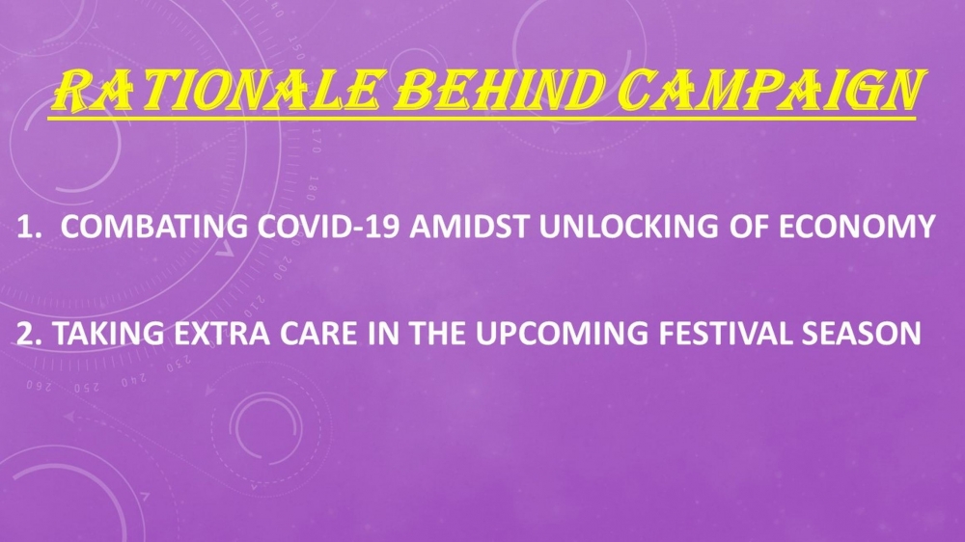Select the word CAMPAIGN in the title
tap(771, 90)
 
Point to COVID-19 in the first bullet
tap(329, 227)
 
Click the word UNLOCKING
tap(628, 227)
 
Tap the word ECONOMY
tap(857, 227)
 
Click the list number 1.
tap(28, 227)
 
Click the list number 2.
tap(29, 334)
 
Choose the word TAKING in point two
tap(108, 334)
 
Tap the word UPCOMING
tap(562, 334)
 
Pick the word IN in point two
tap(384, 334)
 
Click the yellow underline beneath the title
tap(482, 117)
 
